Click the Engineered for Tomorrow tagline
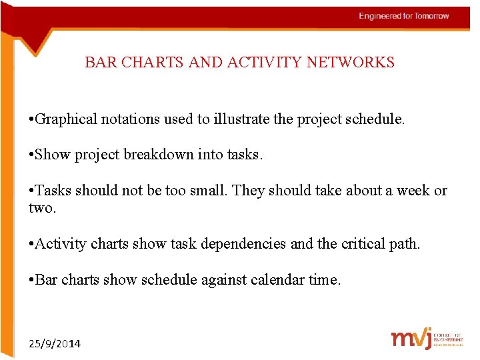[404, 16]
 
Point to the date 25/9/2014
[55, 344]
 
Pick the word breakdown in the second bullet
[163, 155]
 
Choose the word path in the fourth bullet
[405, 244]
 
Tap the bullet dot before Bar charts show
[31, 280]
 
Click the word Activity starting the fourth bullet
[60, 244]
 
